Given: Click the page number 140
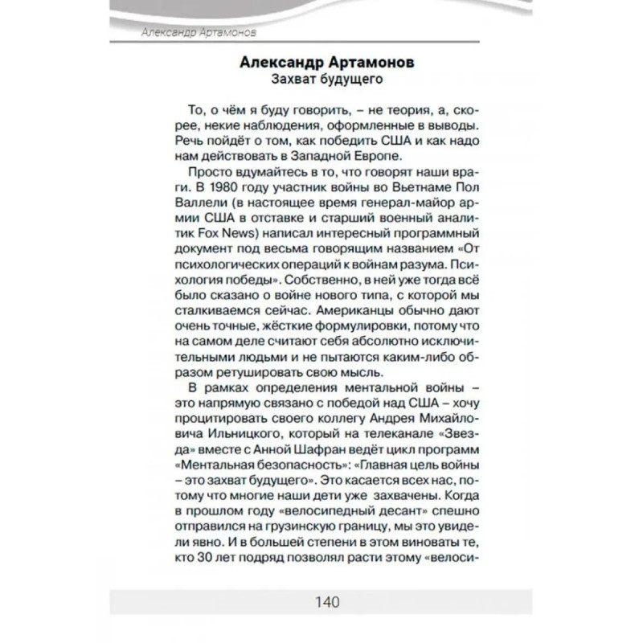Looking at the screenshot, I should click(x=321, y=601).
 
